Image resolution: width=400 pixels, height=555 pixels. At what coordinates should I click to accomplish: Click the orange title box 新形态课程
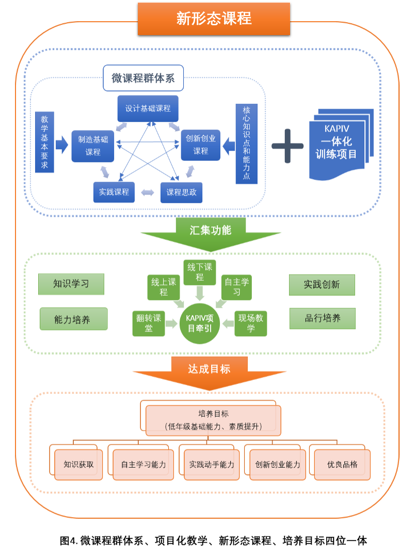coord(214,19)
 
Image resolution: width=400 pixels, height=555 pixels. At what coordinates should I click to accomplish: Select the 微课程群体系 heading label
coord(143,78)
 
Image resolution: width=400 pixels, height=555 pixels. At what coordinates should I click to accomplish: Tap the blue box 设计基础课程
coord(148,109)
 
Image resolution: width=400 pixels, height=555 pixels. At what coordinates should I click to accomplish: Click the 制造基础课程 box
coord(93,146)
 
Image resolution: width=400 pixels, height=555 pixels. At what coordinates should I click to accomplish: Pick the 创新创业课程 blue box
coord(201,145)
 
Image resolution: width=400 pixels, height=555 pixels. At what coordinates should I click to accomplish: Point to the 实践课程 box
coord(114,192)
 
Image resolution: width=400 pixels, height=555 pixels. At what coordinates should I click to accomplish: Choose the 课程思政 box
coord(181,193)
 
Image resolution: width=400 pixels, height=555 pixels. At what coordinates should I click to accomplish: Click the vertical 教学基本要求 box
coord(44,142)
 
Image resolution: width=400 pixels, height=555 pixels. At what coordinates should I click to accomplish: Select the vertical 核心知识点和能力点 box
coord(246,144)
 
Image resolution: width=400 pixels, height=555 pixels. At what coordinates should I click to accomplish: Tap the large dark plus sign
coord(287,146)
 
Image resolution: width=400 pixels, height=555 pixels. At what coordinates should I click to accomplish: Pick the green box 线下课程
coord(200,273)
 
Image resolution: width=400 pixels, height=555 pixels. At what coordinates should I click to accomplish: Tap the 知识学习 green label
coord(71,284)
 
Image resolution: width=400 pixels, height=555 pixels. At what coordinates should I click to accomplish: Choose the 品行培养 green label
coord(323,319)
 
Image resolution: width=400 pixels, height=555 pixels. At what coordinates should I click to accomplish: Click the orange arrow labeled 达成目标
coord(210,371)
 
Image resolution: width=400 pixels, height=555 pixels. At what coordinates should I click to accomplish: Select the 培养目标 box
coord(213,420)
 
